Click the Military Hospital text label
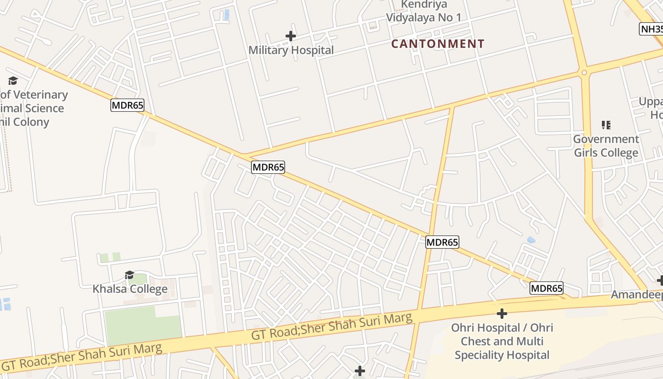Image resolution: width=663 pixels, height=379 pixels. [291, 50]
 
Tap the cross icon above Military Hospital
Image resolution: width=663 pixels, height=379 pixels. [291, 36]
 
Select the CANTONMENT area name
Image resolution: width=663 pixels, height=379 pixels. [438, 44]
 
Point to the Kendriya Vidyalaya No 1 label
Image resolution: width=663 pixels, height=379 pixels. [423, 11]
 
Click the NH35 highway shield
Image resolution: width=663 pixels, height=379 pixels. [652, 29]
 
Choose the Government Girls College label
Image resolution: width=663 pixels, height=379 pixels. [606, 146]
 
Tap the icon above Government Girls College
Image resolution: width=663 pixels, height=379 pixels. [606, 125]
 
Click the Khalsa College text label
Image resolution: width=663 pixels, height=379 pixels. [130, 289]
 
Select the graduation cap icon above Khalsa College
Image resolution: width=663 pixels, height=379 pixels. [129, 275]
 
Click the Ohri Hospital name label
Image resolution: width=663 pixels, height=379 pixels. [502, 341]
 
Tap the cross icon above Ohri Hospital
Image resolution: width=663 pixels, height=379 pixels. [502, 314]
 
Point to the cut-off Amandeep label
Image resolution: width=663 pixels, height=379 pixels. [636, 295]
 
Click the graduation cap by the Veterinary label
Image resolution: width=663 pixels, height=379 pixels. [13, 81]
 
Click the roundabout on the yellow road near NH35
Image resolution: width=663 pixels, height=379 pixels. [584, 72]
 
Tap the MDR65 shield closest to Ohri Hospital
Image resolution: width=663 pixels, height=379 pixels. [546, 288]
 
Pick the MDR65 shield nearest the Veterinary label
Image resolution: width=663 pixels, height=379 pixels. [127, 105]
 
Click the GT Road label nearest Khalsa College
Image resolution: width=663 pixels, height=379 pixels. [83, 357]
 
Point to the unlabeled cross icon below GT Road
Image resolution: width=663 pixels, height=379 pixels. [360, 370]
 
